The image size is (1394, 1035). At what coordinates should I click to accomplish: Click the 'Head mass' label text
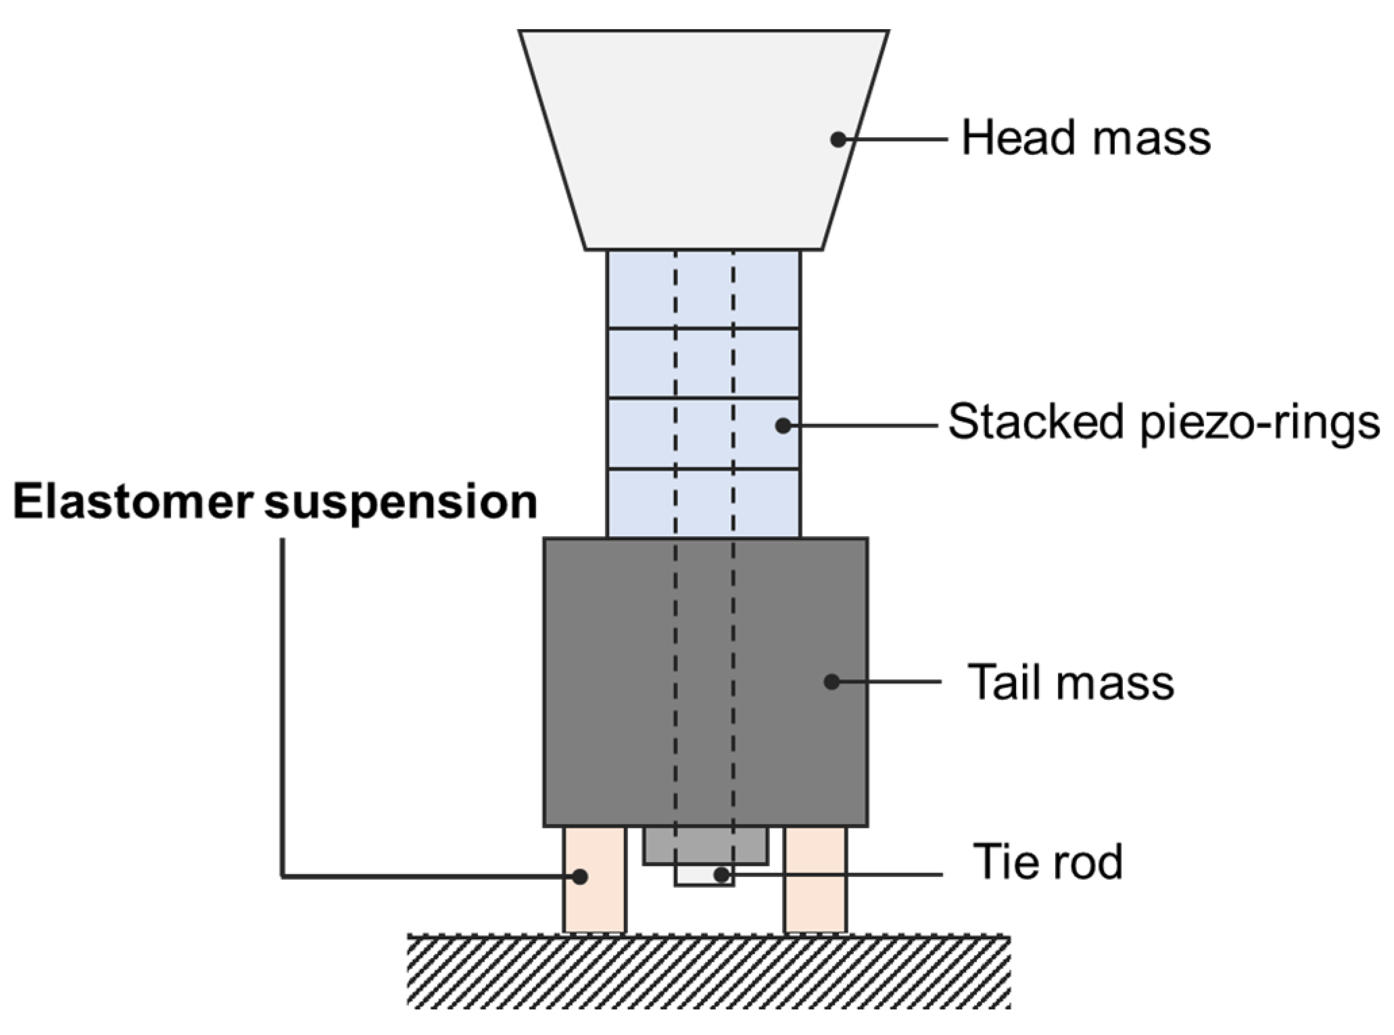click(x=1086, y=139)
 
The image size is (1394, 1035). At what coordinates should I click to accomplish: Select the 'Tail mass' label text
click(x=1071, y=682)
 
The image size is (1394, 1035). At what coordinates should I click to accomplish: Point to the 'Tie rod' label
click(x=1047, y=862)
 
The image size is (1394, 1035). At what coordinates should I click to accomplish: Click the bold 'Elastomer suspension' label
click(x=275, y=503)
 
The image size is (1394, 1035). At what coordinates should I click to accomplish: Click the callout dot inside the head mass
click(x=838, y=139)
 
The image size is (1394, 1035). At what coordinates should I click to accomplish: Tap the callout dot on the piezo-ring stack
click(x=783, y=426)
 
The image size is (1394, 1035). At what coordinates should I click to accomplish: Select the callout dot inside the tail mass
click(x=832, y=681)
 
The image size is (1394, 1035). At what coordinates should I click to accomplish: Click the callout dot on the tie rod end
click(x=721, y=875)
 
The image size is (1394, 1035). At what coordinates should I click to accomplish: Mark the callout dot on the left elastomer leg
click(x=579, y=877)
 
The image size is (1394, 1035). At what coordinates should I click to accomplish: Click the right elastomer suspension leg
click(x=815, y=879)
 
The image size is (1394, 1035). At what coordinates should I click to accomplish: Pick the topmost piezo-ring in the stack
click(x=703, y=289)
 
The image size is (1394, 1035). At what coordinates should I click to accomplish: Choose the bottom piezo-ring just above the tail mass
click(x=703, y=503)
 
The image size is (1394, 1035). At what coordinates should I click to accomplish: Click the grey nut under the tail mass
click(x=705, y=844)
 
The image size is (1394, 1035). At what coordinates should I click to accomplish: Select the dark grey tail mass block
click(x=705, y=681)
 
